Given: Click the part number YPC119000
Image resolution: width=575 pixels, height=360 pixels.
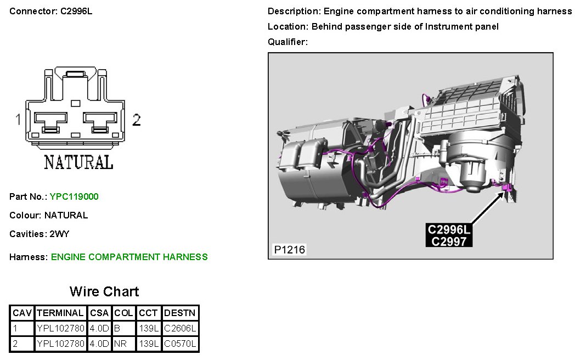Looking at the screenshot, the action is click(x=74, y=196).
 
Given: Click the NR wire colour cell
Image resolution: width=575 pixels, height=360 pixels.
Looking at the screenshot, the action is click(x=120, y=344).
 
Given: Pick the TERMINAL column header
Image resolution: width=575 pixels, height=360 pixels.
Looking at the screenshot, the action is click(x=60, y=313).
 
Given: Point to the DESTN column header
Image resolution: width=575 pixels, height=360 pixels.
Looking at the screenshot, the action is click(x=180, y=313).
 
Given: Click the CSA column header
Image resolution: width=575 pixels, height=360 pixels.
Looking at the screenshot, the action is click(x=99, y=313).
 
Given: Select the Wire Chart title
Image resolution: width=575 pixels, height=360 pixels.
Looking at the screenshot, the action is click(x=104, y=291).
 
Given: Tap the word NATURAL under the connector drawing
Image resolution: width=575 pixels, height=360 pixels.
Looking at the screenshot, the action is click(x=78, y=162).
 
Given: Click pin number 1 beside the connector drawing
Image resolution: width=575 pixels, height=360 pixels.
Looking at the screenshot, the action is click(x=18, y=119).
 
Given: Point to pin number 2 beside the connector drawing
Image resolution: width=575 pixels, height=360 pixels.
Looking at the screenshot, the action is click(x=137, y=119).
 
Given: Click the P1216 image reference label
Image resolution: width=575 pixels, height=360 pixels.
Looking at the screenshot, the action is click(x=289, y=250).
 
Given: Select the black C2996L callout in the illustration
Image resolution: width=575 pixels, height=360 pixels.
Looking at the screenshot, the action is click(x=449, y=229).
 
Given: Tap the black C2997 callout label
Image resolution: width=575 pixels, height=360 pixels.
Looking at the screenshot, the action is click(x=449, y=241).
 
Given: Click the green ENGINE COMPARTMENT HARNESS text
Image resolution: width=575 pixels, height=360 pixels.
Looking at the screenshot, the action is click(x=129, y=257).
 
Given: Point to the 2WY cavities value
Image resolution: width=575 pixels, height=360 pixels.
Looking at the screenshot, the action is click(x=59, y=234).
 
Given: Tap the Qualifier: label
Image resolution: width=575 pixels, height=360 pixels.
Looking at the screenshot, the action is click(x=287, y=42).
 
